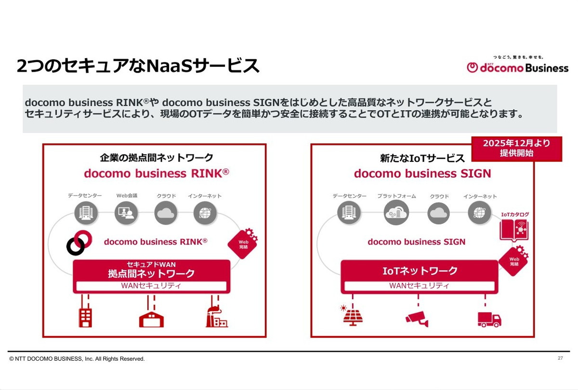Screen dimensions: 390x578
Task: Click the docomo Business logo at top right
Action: [517, 67]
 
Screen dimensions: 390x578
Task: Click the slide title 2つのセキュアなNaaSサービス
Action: [138, 66]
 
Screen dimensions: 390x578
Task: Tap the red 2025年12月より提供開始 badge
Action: [517, 148]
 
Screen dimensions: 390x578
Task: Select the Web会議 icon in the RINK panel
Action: [126, 212]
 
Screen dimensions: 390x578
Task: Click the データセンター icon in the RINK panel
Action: [86, 212]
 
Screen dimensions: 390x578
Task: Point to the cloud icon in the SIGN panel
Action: [438, 213]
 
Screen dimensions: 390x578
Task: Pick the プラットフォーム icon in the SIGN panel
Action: [396, 212]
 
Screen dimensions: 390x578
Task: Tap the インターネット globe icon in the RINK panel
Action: [205, 212]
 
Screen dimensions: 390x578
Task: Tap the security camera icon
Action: [417, 318]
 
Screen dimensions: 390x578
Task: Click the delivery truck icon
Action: [489, 318]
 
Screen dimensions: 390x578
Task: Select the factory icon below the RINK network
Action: [216, 316]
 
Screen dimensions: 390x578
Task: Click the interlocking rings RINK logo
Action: [79, 242]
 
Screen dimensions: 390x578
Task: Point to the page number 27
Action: [560, 358]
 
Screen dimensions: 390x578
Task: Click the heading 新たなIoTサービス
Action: [422, 158]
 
